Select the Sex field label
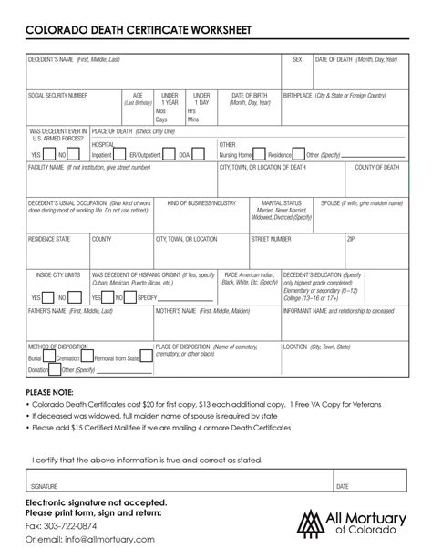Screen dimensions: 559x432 click(297, 59)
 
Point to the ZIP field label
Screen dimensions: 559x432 click(351, 238)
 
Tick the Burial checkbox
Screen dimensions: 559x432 click(29, 358)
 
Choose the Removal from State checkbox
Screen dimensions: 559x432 click(88, 358)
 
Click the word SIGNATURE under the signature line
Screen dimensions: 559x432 click(45, 486)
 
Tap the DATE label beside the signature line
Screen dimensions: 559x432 click(343, 486)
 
